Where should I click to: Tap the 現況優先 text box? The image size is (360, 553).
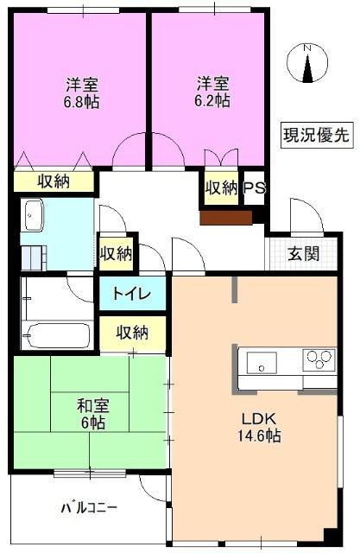[316, 134]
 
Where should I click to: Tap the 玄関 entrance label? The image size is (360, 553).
[303, 253]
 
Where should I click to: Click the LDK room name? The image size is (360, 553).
[258, 418]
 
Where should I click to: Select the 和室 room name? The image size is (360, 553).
[92, 405]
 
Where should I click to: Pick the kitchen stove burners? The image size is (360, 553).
[319, 358]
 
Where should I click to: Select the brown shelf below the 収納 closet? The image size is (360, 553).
[225, 217]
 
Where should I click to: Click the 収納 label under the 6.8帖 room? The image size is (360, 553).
[53, 181]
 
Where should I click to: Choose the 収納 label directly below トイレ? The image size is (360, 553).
[132, 333]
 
